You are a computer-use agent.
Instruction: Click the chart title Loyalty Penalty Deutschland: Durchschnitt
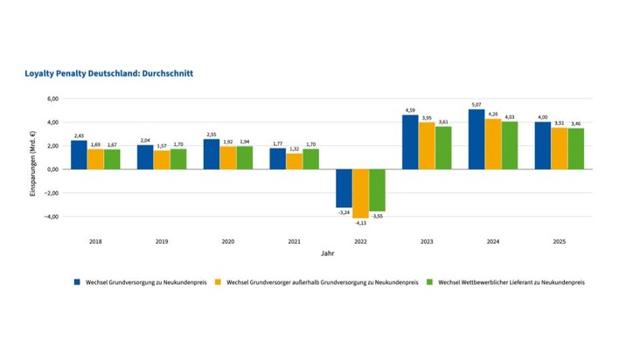[108, 73]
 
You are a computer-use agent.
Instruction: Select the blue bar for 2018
[79, 155]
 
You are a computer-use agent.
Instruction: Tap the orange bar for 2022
[359, 193]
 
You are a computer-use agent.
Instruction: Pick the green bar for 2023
[442, 148]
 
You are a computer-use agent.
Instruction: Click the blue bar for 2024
[476, 139]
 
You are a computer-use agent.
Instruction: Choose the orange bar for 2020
[227, 158]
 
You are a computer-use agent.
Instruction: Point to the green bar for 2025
[575, 149]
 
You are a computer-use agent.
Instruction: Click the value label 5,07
[476, 104]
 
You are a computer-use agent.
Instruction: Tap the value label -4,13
[359, 224]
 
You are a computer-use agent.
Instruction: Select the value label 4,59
[409, 110]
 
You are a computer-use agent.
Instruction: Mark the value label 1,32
[294, 149]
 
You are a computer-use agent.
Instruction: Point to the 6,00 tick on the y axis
[52, 99]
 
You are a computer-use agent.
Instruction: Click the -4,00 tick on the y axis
[52, 217]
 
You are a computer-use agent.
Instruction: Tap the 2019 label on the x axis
[161, 240]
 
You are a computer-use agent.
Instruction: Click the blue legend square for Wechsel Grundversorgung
[77, 282]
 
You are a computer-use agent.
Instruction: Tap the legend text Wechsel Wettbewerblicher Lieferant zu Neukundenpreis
[511, 282]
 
